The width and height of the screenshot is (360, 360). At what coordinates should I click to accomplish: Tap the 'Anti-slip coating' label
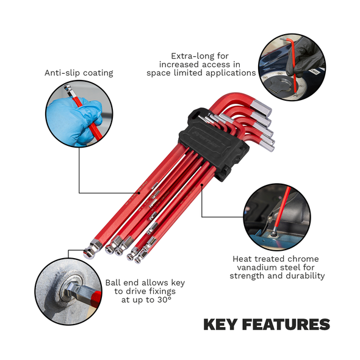tap(79, 73)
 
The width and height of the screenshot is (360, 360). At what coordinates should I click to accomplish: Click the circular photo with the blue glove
tap(84, 112)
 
